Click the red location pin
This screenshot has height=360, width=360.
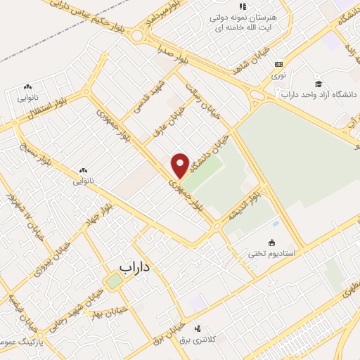[x=181, y=165]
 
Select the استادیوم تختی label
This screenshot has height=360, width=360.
[x=275, y=252]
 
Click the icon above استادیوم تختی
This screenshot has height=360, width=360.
[x=272, y=243]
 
